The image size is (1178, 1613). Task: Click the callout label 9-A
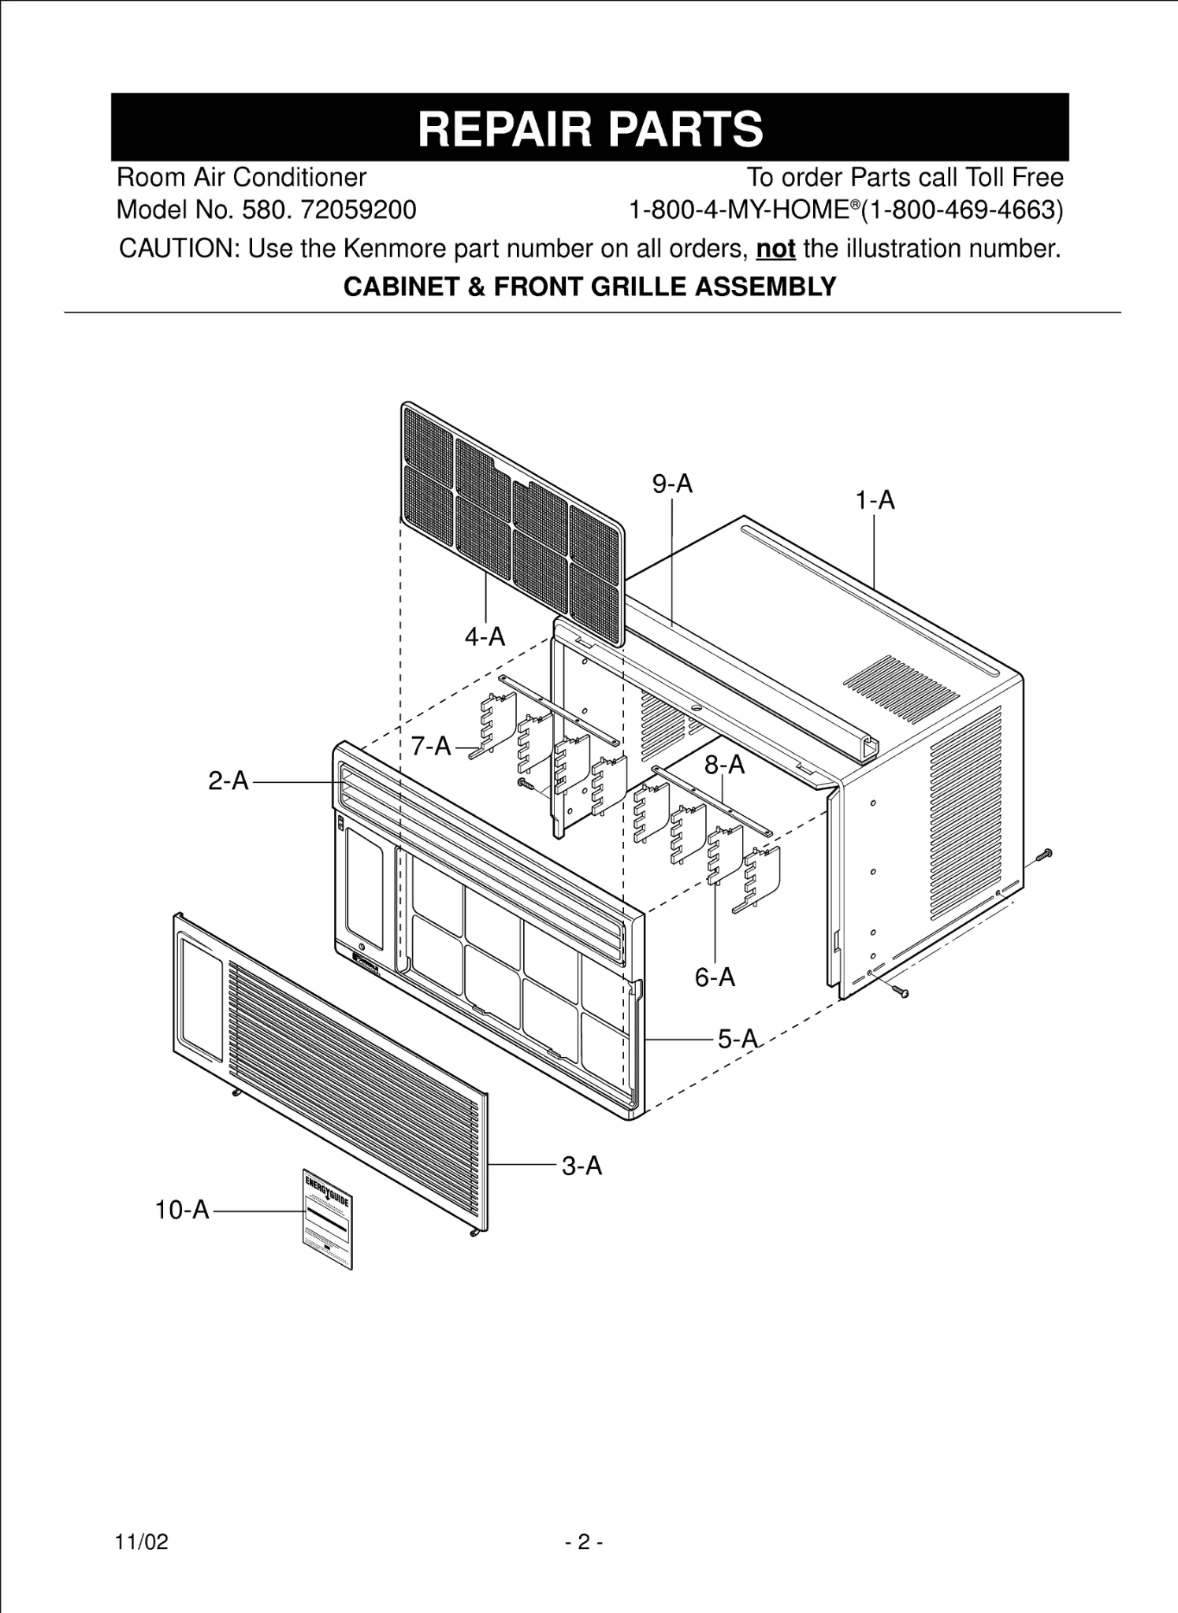click(x=672, y=484)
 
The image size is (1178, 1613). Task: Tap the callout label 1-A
click(x=875, y=500)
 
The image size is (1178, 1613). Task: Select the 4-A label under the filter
click(x=485, y=636)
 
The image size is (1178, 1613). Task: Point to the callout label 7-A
click(x=431, y=745)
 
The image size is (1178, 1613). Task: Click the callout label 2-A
click(x=229, y=781)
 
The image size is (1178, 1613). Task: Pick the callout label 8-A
click(x=724, y=764)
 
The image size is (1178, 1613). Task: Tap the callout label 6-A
click(x=715, y=977)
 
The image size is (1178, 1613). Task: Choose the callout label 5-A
click(x=738, y=1039)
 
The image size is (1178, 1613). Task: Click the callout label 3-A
click(x=582, y=1166)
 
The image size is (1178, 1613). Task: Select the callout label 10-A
click(x=183, y=1210)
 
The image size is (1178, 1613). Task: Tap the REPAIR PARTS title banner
click(x=589, y=128)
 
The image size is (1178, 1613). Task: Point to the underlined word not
click(x=775, y=249)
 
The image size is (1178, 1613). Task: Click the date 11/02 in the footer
click(x=142, y=1542)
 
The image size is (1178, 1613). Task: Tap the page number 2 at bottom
click(x=584, y=1542)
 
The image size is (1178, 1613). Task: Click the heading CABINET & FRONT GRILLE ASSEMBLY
click(x=589, y=287)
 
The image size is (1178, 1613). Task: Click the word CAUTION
click(x=179, y=249)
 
